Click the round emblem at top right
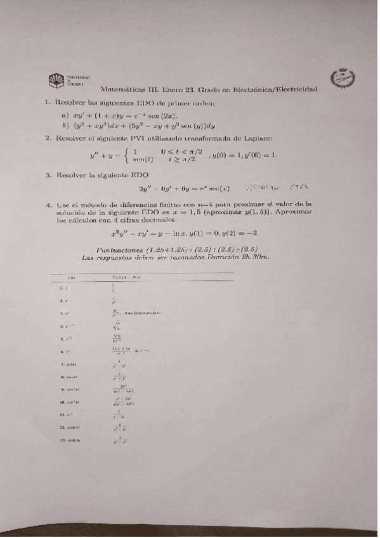pyautogui.click(x=343, y=80)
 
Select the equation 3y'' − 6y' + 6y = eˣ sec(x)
pyautogui.click(x=183, y=188)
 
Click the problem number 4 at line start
pyautogui.click(x=48, y=205)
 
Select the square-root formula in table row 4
pyautogui.click(x=115, y=326)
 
